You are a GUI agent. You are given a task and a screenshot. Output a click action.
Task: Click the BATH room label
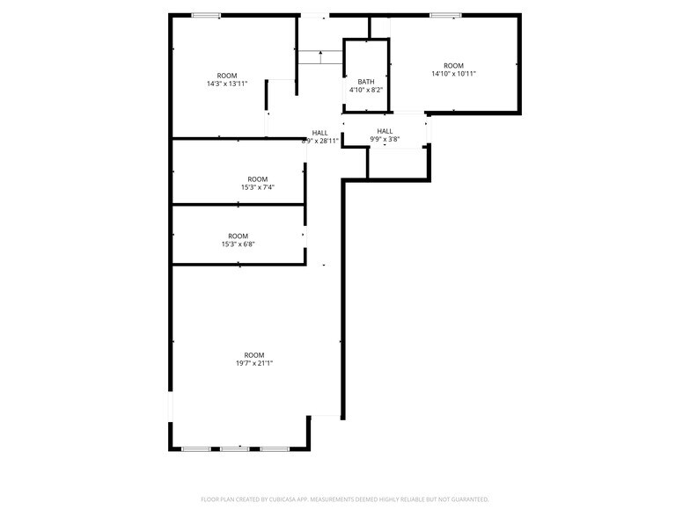365,81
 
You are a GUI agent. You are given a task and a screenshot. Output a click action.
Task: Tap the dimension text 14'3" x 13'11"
227,84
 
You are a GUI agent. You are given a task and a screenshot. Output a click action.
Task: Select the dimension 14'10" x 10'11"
453,74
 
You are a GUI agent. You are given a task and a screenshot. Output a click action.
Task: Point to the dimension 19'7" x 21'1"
254,363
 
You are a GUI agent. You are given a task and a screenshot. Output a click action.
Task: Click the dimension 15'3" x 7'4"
258,187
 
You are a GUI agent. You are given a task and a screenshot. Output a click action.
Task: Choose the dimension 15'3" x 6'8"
238,244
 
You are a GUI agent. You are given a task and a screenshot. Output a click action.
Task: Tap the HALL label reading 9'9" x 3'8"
385,139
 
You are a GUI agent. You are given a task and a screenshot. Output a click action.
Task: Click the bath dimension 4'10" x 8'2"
365,90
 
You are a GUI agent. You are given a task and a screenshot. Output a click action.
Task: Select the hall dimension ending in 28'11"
319,141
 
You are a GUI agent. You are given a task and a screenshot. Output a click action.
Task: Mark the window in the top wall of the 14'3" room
207,14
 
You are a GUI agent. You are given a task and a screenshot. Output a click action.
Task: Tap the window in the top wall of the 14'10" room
445,14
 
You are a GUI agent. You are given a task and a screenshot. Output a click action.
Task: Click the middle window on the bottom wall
235,449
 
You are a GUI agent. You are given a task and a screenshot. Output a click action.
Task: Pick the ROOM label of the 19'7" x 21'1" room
254,354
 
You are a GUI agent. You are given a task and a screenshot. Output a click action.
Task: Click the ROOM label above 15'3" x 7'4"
258,178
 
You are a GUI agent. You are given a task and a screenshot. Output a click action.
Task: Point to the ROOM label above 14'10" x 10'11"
453,65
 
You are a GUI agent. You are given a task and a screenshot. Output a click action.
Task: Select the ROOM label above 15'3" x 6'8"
238,236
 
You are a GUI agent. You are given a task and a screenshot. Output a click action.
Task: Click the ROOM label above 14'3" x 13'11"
227,75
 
